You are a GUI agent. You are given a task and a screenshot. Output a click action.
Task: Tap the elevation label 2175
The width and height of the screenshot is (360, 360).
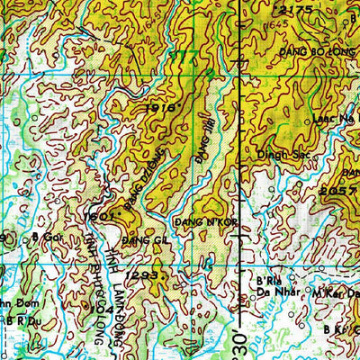pos(295,10)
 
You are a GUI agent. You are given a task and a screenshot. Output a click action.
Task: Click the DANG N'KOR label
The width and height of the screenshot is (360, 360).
pos(192,220)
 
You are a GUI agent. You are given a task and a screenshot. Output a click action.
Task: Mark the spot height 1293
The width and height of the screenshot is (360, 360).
pos(142,273)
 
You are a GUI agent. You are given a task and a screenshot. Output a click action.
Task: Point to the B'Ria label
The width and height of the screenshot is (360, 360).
pos(257,280)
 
